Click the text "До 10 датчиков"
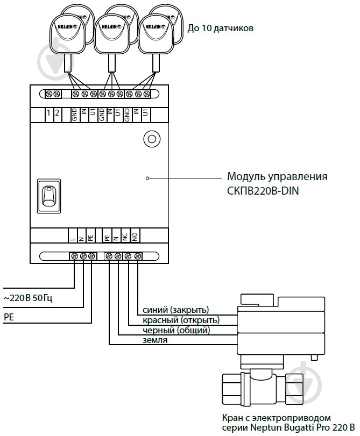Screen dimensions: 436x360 [220, 28]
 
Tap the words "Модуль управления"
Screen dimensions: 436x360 [277, 176]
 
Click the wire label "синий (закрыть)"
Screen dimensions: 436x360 [175, 310]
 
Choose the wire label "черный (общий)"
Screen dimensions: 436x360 [176, 330]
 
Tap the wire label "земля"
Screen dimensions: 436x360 [155, 340]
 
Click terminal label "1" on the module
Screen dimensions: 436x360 [48, 113]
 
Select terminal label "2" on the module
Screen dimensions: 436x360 [57, 113]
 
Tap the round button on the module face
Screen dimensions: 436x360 [151, 139]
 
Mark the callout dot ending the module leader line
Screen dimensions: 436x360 [147, 176]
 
